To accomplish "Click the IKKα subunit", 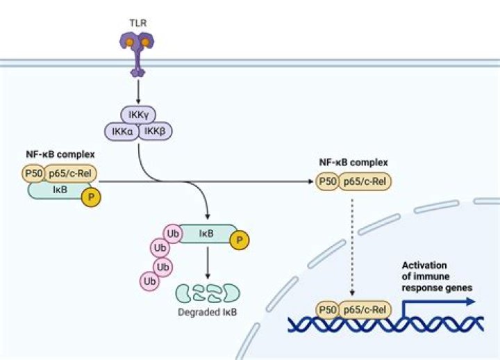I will pos(122,131).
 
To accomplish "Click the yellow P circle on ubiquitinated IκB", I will pos(241,240).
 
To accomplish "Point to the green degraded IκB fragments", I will pos(208,292).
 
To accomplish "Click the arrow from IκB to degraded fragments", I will pos(208,263).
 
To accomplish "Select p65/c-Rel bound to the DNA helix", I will pos(367,308).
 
